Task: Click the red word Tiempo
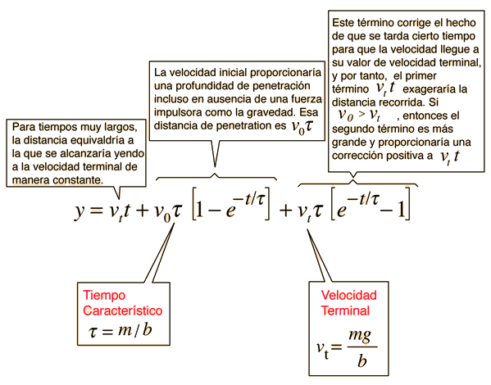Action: tap(104, 296)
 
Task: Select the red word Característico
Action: tap(123, 310)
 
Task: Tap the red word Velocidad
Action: tap(349, 295)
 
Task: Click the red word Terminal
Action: tap(345, 310)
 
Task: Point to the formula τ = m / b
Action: tap(120, 331)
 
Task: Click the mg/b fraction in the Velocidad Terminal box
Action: tap(361, 347)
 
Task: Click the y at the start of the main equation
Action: tap(80, 211)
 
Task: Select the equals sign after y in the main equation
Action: tap(97, 211)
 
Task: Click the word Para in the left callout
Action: tap(24, 127)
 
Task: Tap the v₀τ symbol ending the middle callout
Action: tap(302, 126)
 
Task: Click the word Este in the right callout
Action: tap(343, 23)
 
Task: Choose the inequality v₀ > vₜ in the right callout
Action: tap(359, 115)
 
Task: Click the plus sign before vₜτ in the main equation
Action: tap(286, 211)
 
